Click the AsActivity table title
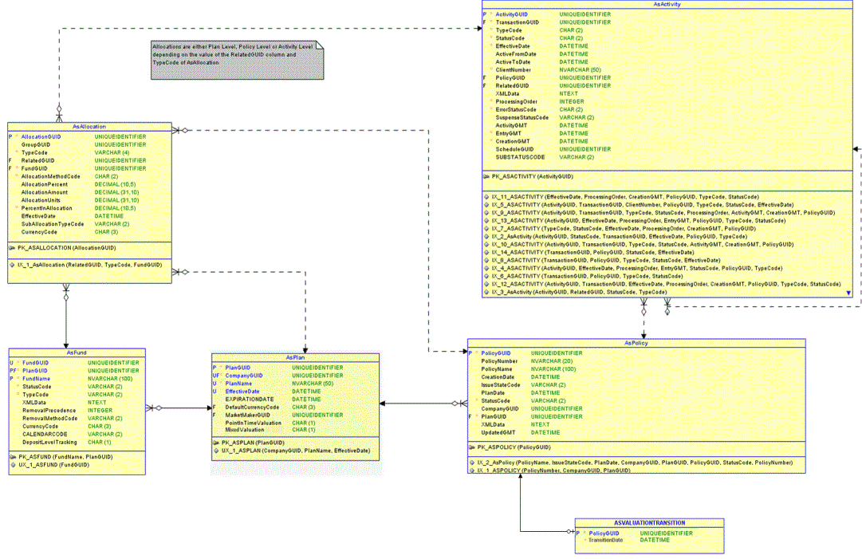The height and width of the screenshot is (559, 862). tap(666, 5)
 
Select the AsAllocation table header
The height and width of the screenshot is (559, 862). tap(89, 126)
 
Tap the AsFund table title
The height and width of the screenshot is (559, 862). tap(77, 352)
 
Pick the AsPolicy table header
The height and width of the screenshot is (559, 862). tap(635, 343)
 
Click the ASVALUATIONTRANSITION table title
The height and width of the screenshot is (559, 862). tap(649, 522)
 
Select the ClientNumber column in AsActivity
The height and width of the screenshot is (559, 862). tap(514, 70)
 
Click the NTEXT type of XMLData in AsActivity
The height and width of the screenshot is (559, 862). tap(569, 93)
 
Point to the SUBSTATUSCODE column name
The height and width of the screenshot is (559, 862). tap(520, 157)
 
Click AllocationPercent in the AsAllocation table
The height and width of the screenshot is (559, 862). tap(45, 184)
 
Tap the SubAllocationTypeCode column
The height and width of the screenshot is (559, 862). tap(53, 224)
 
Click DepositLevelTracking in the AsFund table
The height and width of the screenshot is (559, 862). tap(49, 442)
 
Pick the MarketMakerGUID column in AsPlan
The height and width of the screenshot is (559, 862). tap(248, 415)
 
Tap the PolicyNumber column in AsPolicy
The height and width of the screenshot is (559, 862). tap(500, 360)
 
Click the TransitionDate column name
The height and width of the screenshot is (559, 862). tap(606, 541)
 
